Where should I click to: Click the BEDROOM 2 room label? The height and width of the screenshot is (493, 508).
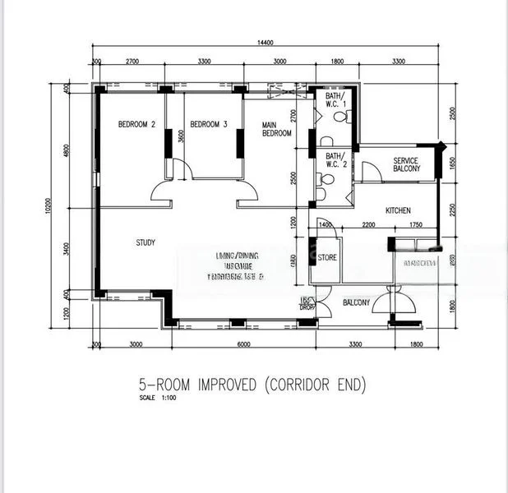point(136,125)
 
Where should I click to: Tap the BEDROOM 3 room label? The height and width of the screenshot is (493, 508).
point(208,125)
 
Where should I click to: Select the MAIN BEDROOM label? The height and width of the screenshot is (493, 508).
point(276,129)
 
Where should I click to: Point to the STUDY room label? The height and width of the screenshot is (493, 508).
point(146,242)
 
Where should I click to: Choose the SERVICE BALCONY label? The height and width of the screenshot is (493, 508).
point(406,164)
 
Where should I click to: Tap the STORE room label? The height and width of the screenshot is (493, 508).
point(327,258)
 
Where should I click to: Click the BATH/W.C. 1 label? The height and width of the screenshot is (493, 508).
point(336,102)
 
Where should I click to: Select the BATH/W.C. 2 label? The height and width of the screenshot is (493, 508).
point(335,159)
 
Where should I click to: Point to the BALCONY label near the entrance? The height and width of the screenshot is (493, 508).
point(356,303)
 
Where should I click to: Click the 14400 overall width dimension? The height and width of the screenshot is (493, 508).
point(264,43)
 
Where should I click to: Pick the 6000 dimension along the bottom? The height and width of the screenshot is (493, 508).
point(243,344)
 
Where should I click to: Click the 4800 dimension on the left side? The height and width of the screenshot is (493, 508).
point(67,153)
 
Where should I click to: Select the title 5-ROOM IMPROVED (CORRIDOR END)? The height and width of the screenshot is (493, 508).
point(251,384)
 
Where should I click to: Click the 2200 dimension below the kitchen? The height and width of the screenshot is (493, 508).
point(368,224)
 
